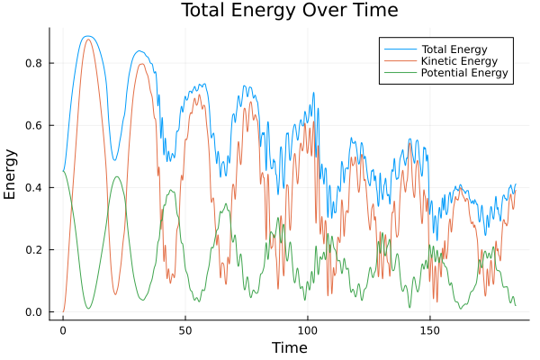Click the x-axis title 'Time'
pyautogui.click(x=289, y=347)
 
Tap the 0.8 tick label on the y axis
pyautogui.click(x=33, y=63)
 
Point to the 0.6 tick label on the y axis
pyautogui.click(x=33, y=125)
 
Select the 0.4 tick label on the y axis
pyautogui.click(x=33, y=187)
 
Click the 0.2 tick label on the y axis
pyautogui.click(x=33, y=249)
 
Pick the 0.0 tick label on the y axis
pyautogui.click(x=33, y=312)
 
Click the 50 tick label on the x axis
pyautogui.click(x=185, y=329)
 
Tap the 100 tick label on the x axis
pyautogui.click(x=308, y=329)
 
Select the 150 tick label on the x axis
pyautogui.click(x=430, y=329)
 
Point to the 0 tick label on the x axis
pyautogui.click(x=63, y=329)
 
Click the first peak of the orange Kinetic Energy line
pyautogui.click(x=87, y=40)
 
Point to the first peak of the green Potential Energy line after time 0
pyautogui.click(x=117, y=176)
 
